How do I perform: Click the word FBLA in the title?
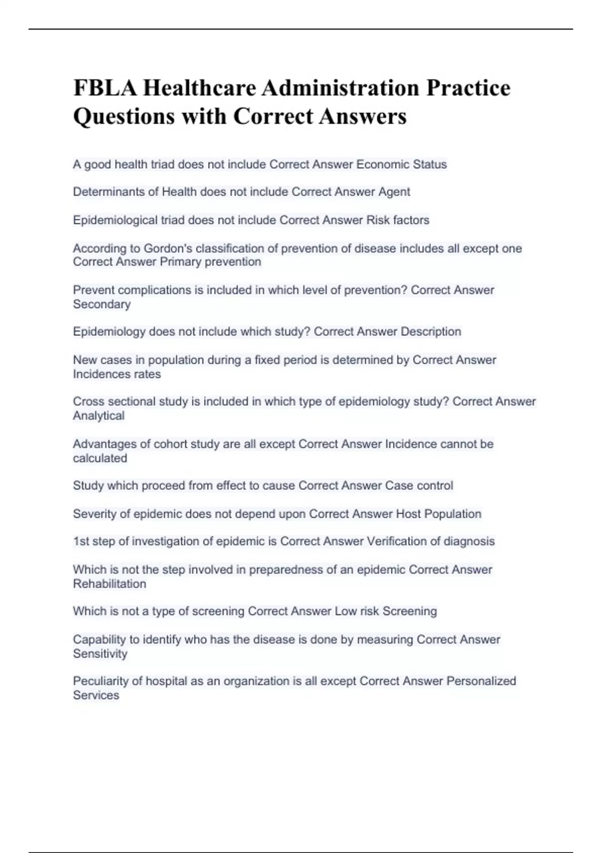(x=104, y=88)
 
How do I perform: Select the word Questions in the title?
(x=124, y=116)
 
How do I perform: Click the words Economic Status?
(x=401, y=165)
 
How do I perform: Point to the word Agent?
(x=394, y=192)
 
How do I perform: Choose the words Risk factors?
(x=398, y=220)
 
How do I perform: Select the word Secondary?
(x=102, y=304)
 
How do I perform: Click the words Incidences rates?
(x=117, y=374)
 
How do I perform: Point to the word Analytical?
(x=99, y=416)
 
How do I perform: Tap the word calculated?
(x=100, y=458)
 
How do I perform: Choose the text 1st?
(x=81, y=541)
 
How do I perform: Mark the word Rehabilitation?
(x=110, y=584)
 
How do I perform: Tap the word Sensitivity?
(x=100, y=654)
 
